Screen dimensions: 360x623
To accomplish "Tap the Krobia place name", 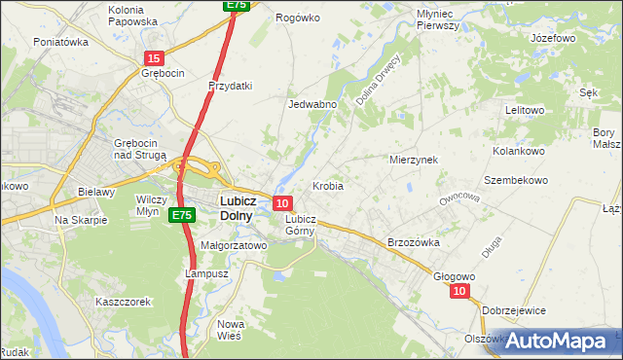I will (328, 185).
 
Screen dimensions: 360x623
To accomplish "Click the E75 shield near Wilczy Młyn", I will (179, 214).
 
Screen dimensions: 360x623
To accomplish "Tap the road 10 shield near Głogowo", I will (460, 291).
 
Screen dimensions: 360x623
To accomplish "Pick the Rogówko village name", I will (298, 18).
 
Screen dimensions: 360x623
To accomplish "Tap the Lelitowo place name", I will (524, 110).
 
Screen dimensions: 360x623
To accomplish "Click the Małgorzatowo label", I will (234, 246).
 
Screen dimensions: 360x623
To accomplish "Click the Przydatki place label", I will (231, 86).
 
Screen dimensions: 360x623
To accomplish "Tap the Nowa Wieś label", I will (231, 330).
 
